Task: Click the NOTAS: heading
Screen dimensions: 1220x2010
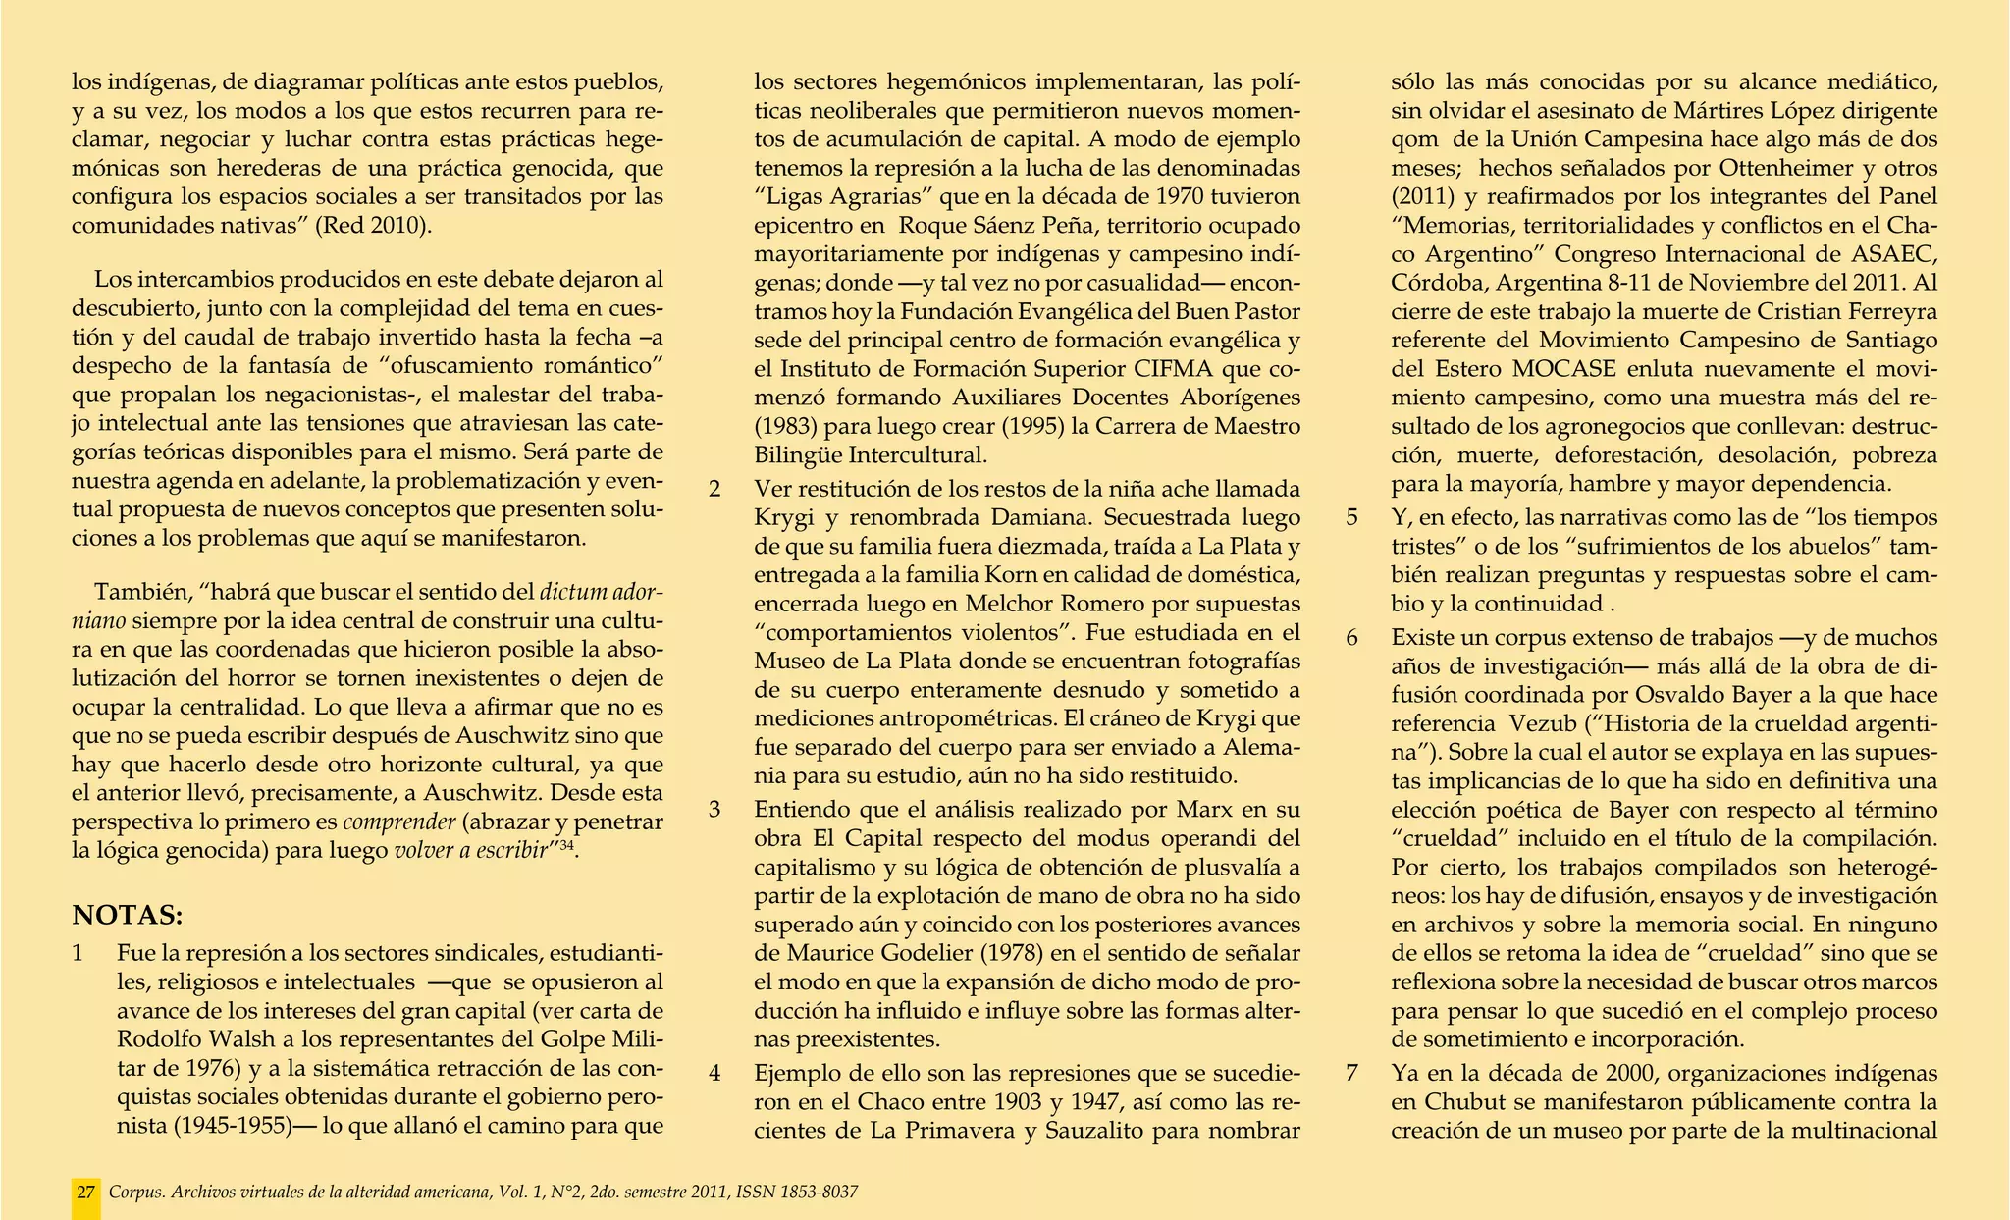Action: (x=128, y=916)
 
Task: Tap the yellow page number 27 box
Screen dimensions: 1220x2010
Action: (x=86, y=1193)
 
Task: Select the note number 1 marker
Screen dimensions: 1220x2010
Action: (x=79, y=954)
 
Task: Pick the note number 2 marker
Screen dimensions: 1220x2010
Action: (x=715, y=489)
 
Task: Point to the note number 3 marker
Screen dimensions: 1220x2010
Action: (x=715, y=811)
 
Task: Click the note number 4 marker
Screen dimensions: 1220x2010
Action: (x=715, y=1073)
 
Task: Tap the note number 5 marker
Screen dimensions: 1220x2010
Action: (x=1352, y=517)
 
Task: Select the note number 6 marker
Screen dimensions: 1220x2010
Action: (x=1352, y=638)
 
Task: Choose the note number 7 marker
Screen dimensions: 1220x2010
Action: (x=1352, y=1073)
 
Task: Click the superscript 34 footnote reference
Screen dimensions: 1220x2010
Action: (x=566, y=846)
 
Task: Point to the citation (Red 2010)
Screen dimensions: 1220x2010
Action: (x=373, y=225)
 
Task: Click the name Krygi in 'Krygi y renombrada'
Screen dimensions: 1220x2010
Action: (x=781, y=517)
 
